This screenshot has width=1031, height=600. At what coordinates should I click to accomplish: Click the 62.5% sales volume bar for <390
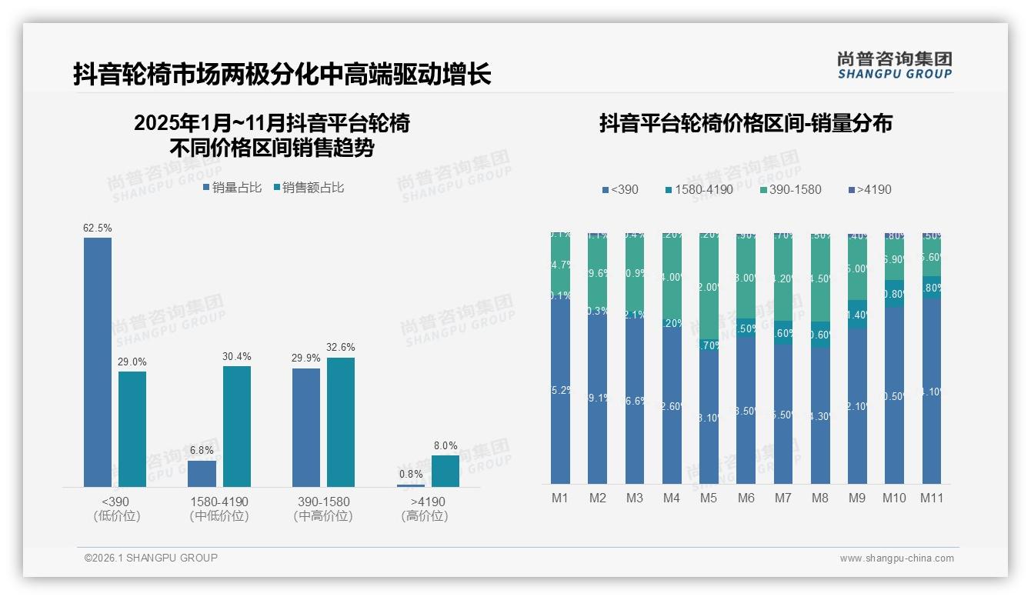(98, 362)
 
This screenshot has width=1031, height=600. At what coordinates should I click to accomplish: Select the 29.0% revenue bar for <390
(132, 428)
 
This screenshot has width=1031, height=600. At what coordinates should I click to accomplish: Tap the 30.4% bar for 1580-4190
(237, 426)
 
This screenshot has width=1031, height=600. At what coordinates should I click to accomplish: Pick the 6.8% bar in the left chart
(202, 473)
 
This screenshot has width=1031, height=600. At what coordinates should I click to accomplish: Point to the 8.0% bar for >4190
(445, 471)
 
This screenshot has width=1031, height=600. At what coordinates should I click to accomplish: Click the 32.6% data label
(340, 347)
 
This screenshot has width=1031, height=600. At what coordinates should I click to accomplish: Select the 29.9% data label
(306, 358)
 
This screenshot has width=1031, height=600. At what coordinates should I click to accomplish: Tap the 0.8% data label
(411, 474)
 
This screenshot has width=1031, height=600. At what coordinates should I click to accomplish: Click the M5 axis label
(709, 498)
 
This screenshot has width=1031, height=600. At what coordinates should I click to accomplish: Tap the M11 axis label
(932, 498)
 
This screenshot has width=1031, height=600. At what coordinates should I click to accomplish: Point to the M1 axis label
(560, 498)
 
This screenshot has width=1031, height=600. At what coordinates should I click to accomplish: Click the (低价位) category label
(116, 516)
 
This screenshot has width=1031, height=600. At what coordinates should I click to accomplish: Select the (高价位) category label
(424, 516)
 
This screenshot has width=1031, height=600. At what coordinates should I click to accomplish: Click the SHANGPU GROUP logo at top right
(894, 65)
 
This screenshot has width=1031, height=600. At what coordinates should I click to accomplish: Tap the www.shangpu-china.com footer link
(896, 558)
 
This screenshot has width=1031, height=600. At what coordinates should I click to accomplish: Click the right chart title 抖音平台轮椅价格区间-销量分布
(745, 123)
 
